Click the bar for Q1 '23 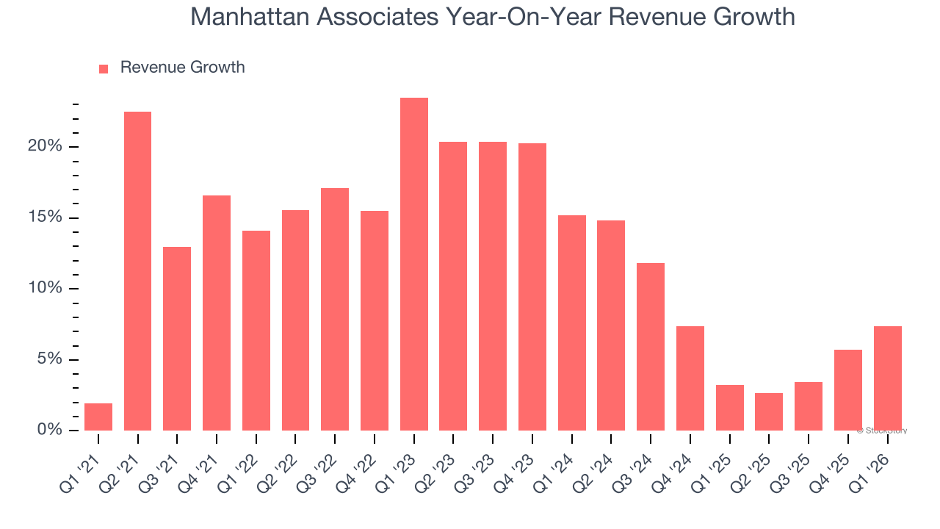(x=414, y=264)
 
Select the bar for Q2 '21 (x=137, y=271)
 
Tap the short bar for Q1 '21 (x=98, y=417)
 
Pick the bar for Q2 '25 (x=768, y=411)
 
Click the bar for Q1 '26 (x=887, y=378)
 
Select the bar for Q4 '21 (x=217, y=313)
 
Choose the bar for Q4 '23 (x=532, y=287)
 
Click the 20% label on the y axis (x=46, y=146)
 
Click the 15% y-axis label (x=46, y=217)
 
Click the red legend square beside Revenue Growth (x=104, y=68)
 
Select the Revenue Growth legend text (x=182, y=68)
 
